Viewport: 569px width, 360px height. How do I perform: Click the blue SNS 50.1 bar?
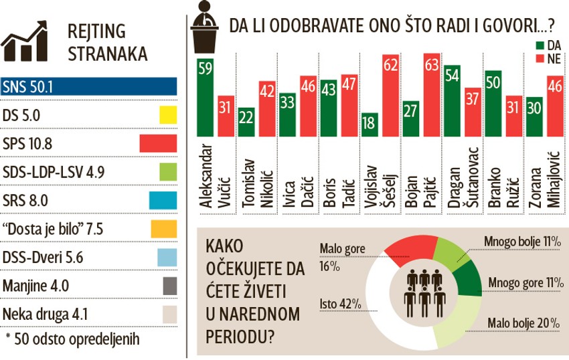(89, 87)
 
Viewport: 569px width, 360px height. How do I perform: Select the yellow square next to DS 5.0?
(167, 115)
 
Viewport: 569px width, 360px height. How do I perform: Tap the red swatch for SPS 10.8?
(158, 143)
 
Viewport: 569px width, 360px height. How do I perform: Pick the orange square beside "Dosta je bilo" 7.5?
(163, 229)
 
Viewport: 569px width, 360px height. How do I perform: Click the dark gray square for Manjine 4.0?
(169, 286)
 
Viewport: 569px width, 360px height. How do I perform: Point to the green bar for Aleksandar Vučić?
(204, 97)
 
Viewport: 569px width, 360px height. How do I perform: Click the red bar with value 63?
(432, 94)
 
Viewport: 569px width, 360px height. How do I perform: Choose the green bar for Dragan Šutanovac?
(453, 101)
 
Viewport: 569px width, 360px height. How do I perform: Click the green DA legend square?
(540, 45)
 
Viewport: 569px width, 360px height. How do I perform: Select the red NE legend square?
(540, 60)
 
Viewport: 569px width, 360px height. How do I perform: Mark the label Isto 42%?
(341, 304)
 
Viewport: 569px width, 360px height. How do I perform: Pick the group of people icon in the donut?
(424, 292)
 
